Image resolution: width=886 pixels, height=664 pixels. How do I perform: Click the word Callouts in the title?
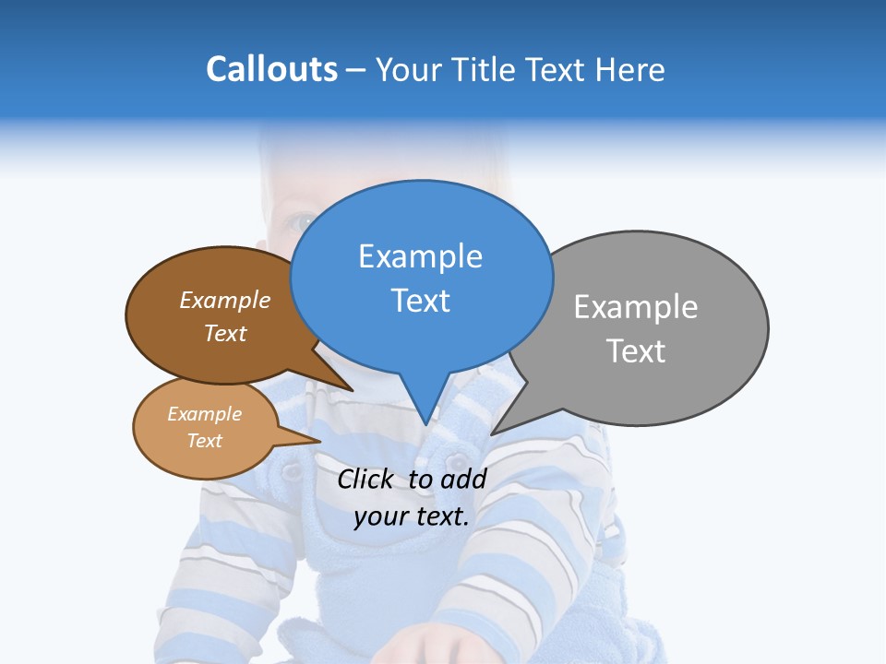(272, 70)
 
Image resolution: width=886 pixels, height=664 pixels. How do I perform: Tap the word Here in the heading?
(630, 70)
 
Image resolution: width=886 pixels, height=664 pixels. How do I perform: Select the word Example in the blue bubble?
(420, 256)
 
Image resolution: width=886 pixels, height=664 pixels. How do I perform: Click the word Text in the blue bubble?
(420, 301)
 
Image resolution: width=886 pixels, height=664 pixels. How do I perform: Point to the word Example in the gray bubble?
(636, 307)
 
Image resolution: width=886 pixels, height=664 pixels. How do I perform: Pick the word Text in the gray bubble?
(636, 351)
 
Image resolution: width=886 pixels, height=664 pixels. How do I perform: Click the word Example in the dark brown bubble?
(225, 301)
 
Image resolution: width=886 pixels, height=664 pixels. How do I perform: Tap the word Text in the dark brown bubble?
(225, 334)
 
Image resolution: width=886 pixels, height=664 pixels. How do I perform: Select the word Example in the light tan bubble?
(205, 414)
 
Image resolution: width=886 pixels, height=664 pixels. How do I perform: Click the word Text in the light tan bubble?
(205, 441)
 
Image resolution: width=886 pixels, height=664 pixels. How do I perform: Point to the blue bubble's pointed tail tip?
(425, 424)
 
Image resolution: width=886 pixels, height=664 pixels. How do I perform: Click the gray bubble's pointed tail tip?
(492, 433)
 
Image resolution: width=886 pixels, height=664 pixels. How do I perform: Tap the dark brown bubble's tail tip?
(353, 390)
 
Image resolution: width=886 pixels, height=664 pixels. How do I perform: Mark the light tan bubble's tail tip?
(320, 442)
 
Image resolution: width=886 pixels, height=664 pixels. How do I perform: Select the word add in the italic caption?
(463, 479)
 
